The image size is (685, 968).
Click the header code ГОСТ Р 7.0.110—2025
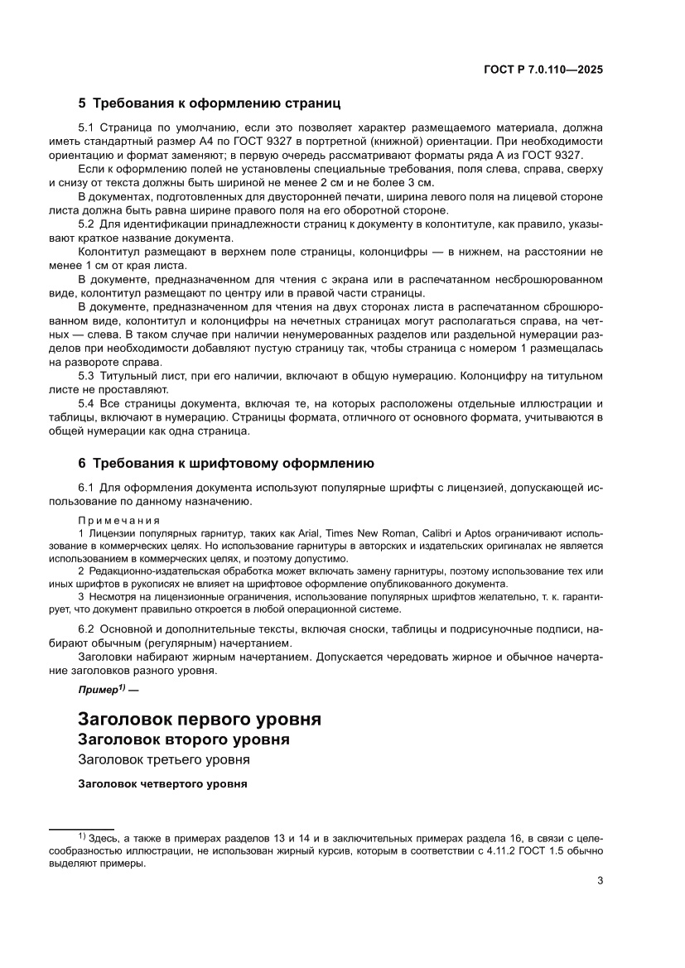pos(543,70)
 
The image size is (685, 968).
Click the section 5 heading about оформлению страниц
pos(210,104)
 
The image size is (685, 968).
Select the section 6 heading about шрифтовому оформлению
pos(226,463)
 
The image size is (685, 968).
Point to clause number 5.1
pos(87,128)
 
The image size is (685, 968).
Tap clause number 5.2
pos(87,224)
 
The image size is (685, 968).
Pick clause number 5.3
pos(87,377)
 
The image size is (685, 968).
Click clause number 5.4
pos(87,403)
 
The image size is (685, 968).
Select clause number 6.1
pos(87,488)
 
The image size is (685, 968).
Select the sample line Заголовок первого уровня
pos(199,718)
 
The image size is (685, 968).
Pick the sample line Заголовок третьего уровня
pos(164,759)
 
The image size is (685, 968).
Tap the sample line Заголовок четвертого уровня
pos(163,783)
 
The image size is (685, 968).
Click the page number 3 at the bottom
pos(599,881)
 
